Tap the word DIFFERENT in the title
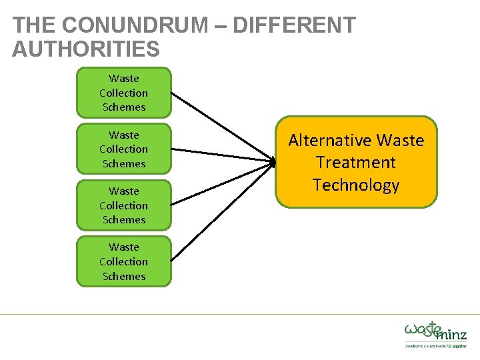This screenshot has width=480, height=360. tap(294, 25)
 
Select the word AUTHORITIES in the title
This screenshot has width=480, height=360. tap(86, 49)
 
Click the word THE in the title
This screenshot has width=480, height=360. tap(33, 25)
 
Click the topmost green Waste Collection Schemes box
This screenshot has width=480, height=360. tap(123, 93)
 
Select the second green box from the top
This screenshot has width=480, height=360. tap(123, 149)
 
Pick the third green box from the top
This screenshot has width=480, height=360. tap(123, 205)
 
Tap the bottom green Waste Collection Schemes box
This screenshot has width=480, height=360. tap(123, 261)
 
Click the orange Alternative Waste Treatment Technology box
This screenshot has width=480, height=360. tap(356, 163)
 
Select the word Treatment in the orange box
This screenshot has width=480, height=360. tap(356, 163)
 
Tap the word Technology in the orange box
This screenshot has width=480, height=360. tap(356, 185)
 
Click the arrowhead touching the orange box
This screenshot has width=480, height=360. tap(273, 162)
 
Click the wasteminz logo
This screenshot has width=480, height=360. tap(435, 331)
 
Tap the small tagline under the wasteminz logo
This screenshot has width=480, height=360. tap(435, 346)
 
